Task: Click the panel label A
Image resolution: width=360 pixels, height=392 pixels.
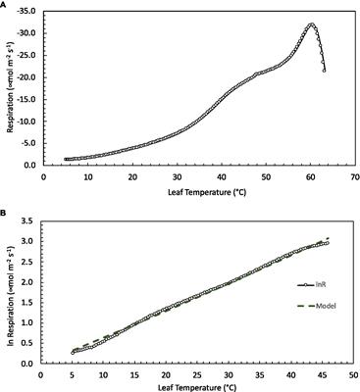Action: pyautogui.click(x=5, y=5)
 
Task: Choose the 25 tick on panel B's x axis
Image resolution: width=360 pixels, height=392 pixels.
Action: pyautogui.click(x=196, y=375)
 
